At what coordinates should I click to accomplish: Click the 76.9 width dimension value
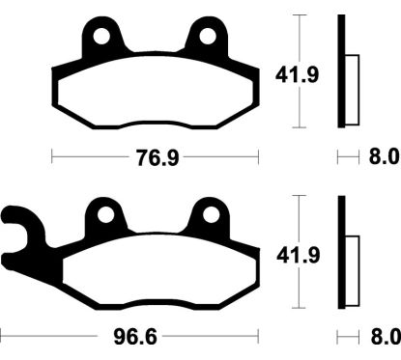click(155, 155)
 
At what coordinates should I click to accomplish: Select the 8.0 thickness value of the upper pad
click(383, 155)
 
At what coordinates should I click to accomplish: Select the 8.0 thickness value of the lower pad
click(383, 338)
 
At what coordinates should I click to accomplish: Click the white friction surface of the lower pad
click(155, 275)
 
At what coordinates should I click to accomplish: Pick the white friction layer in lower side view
click(352, 263)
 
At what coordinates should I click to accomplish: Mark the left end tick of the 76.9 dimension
click(51, 155)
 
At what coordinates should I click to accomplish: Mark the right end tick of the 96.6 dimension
click(263, 338)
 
